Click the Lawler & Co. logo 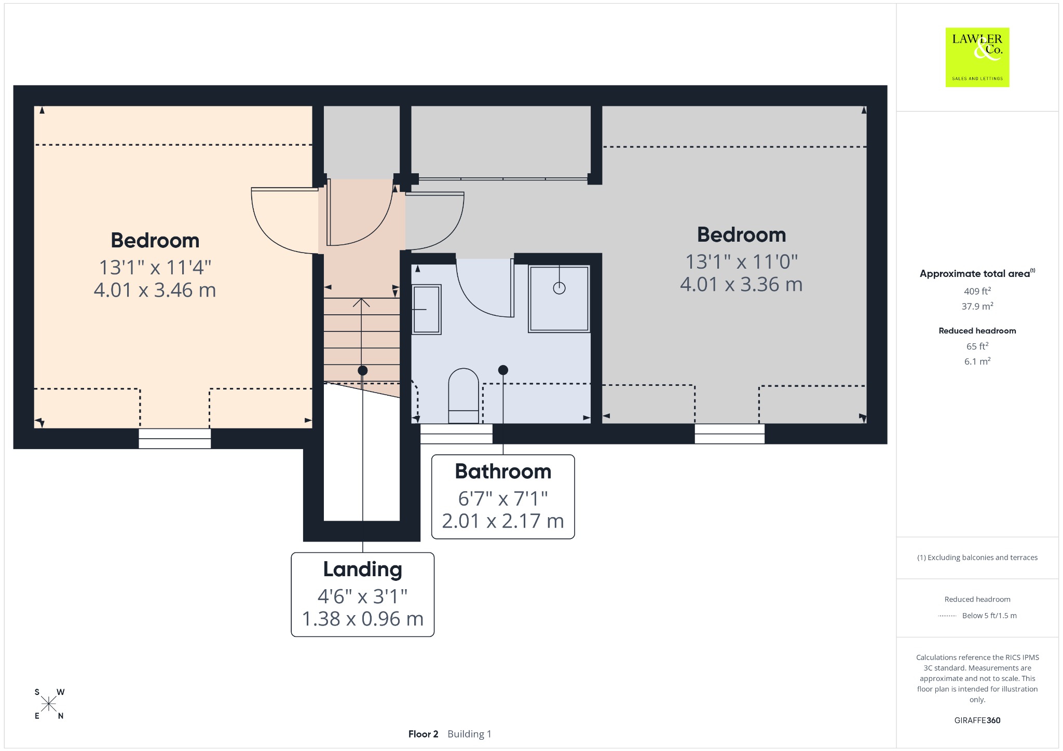[977, 57]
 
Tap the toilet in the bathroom [464, 396]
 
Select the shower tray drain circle [559, 288]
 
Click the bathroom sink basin [426, 310]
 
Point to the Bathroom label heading [503, 471]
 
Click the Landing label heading [362, 569]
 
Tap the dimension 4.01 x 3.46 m [155, 290]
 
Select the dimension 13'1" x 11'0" [741, 262]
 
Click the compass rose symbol [49, 704]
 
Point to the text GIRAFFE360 [977, 720]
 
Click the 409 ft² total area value [977, 291]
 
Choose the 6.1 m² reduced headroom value [977, 361]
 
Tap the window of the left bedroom [174, 438]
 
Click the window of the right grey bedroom [729, 434]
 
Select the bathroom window [456, 434]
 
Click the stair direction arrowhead [362, 302]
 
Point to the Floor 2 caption [423, 734]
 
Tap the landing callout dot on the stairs [362, 370]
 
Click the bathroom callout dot [503, 370]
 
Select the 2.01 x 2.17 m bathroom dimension [503, 521]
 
